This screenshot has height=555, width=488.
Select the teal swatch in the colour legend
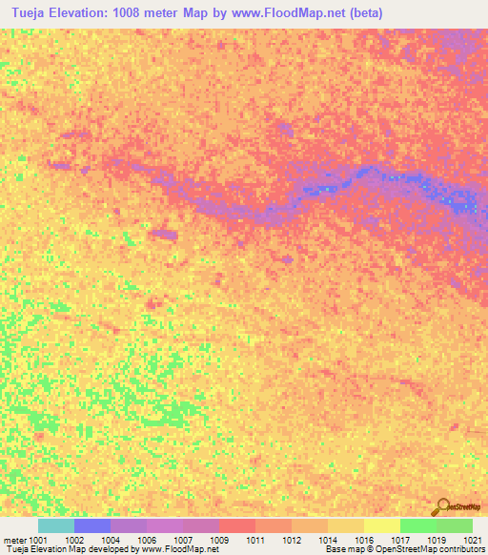(x=56, y=525)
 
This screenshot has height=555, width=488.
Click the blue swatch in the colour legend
(x=92, y=525)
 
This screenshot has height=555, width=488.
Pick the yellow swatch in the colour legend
(x=382, y=525)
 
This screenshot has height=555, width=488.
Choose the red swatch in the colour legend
(x=237, y=525)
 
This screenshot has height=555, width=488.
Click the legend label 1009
(x=219, y=539)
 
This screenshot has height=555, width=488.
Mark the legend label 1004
(x=112, y=539)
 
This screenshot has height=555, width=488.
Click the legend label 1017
(x=399, y=539)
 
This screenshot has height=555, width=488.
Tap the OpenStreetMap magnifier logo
(x=441, y=506)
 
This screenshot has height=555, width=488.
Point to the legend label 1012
(x=291, y=539)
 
